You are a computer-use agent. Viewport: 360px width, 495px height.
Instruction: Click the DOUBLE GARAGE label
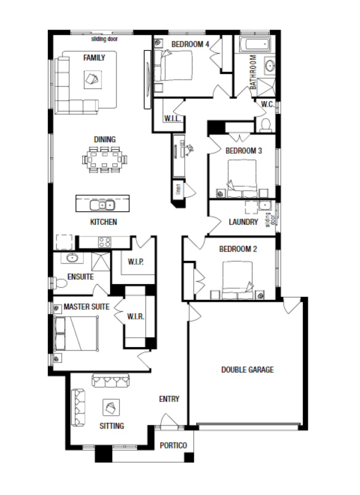pos(247,370)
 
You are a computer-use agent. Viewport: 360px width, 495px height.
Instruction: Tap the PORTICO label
pos(173,445)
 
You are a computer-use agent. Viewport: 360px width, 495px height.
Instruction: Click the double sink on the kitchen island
pos(102,205)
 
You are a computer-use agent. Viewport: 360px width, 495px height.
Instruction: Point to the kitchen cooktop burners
pos(105,242)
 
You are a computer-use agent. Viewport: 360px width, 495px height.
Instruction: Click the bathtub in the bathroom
pos(255,44)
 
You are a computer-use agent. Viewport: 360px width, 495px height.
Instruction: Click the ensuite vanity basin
pos(72,258)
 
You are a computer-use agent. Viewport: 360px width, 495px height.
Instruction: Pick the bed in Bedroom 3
pos(242,178)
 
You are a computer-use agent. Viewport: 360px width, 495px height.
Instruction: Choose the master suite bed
pos(76,334)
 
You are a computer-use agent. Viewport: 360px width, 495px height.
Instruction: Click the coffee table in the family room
pos(93,80)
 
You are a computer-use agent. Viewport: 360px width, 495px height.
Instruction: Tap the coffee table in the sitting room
pos(111,408)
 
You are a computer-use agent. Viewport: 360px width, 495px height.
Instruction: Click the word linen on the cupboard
pos(178,189)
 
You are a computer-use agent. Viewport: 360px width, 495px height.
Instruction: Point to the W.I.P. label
pos(136,262)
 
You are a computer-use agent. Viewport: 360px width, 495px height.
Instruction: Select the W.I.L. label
pos(173,118)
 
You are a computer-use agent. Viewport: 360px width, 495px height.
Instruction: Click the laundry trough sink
pos(265,205)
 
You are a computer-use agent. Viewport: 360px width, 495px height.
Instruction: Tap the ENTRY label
pos(169,399)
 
